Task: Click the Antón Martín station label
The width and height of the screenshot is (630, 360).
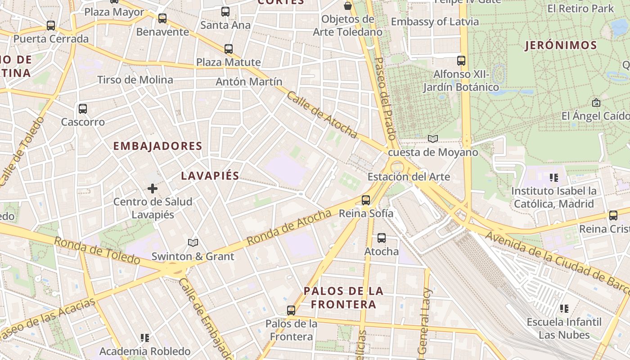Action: point(249,82)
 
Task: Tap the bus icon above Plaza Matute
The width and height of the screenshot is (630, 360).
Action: point(229,49)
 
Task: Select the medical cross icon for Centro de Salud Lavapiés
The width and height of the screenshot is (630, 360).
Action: point(153,189)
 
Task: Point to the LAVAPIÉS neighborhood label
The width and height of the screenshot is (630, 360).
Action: point(210,176)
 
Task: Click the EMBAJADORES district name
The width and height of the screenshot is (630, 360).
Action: point(157,146)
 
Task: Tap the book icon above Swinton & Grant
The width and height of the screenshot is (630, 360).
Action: point(193,243)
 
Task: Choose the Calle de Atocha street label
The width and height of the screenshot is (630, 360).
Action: point(322,116)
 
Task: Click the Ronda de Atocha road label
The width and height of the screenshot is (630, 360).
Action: point(289,228)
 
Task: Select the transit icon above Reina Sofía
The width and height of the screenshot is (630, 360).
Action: point(366,200)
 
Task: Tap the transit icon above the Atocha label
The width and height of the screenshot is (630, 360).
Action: point(382,238)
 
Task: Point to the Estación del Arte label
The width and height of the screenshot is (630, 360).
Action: point(409,177)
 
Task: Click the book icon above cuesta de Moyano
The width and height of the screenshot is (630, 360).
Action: point(433,139)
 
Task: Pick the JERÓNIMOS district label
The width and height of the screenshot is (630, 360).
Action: point(561,45)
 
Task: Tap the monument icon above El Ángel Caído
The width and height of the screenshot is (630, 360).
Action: point(596,103)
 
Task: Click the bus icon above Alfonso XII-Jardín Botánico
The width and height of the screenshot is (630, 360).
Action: point(461,60)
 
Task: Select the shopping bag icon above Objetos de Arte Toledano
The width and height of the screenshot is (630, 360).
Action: point(348,6)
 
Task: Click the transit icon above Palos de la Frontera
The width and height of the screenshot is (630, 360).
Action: point(291,310)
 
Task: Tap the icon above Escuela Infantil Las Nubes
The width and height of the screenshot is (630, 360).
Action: point(564,309)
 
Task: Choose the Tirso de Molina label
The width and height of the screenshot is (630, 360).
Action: point(135,80)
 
